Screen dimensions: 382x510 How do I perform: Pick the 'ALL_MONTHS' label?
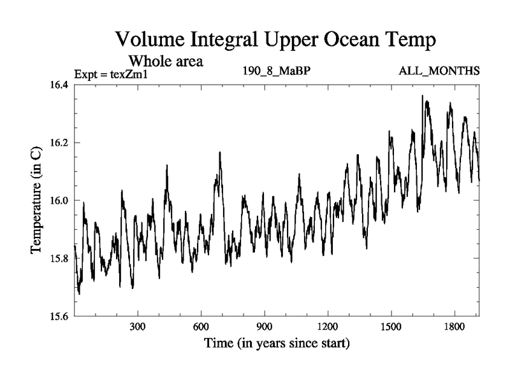pos(439,70)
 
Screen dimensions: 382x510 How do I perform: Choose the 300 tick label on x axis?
pos(138,326)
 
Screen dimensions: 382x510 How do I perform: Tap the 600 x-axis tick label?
pos(201,326)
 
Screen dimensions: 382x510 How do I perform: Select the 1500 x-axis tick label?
pos(391,326)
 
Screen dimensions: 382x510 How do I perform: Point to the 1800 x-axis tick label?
pos(454,326)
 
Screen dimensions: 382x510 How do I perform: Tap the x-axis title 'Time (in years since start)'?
pos(277,344)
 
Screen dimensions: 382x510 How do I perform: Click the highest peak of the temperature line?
pos(422,95)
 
